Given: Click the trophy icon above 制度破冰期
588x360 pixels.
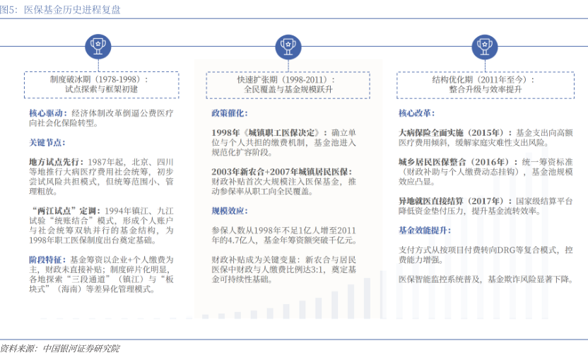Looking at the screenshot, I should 98,47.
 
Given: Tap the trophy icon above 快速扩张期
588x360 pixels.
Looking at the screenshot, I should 288,47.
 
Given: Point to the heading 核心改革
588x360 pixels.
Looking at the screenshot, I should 416,113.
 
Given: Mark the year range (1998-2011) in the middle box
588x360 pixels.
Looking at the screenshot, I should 304,79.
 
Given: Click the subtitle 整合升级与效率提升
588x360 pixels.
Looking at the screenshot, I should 485,90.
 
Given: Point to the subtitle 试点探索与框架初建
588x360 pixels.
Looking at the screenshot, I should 98,90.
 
